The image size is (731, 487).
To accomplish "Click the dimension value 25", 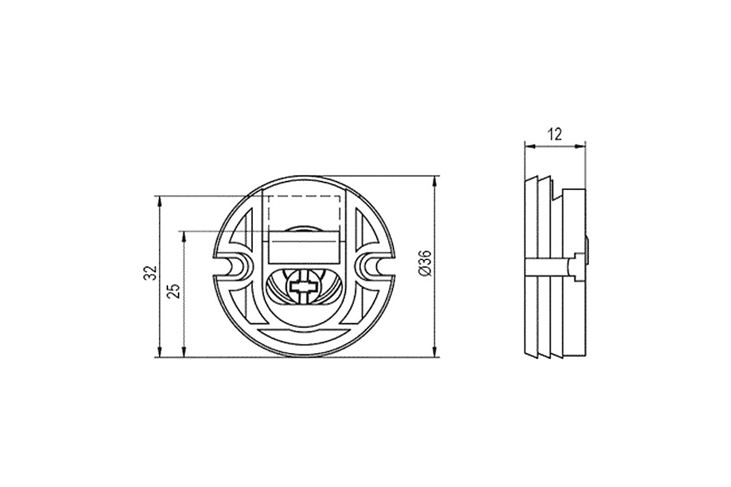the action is tap(174, 291).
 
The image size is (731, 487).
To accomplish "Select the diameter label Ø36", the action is tap(425, 264).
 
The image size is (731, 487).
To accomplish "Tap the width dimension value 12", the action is tap(555, 135).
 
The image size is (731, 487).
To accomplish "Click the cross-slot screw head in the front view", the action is tap(303, 287).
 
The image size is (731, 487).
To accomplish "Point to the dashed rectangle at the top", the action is tap(304, 213).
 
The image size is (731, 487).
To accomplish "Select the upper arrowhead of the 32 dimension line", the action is tap(160, 201).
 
